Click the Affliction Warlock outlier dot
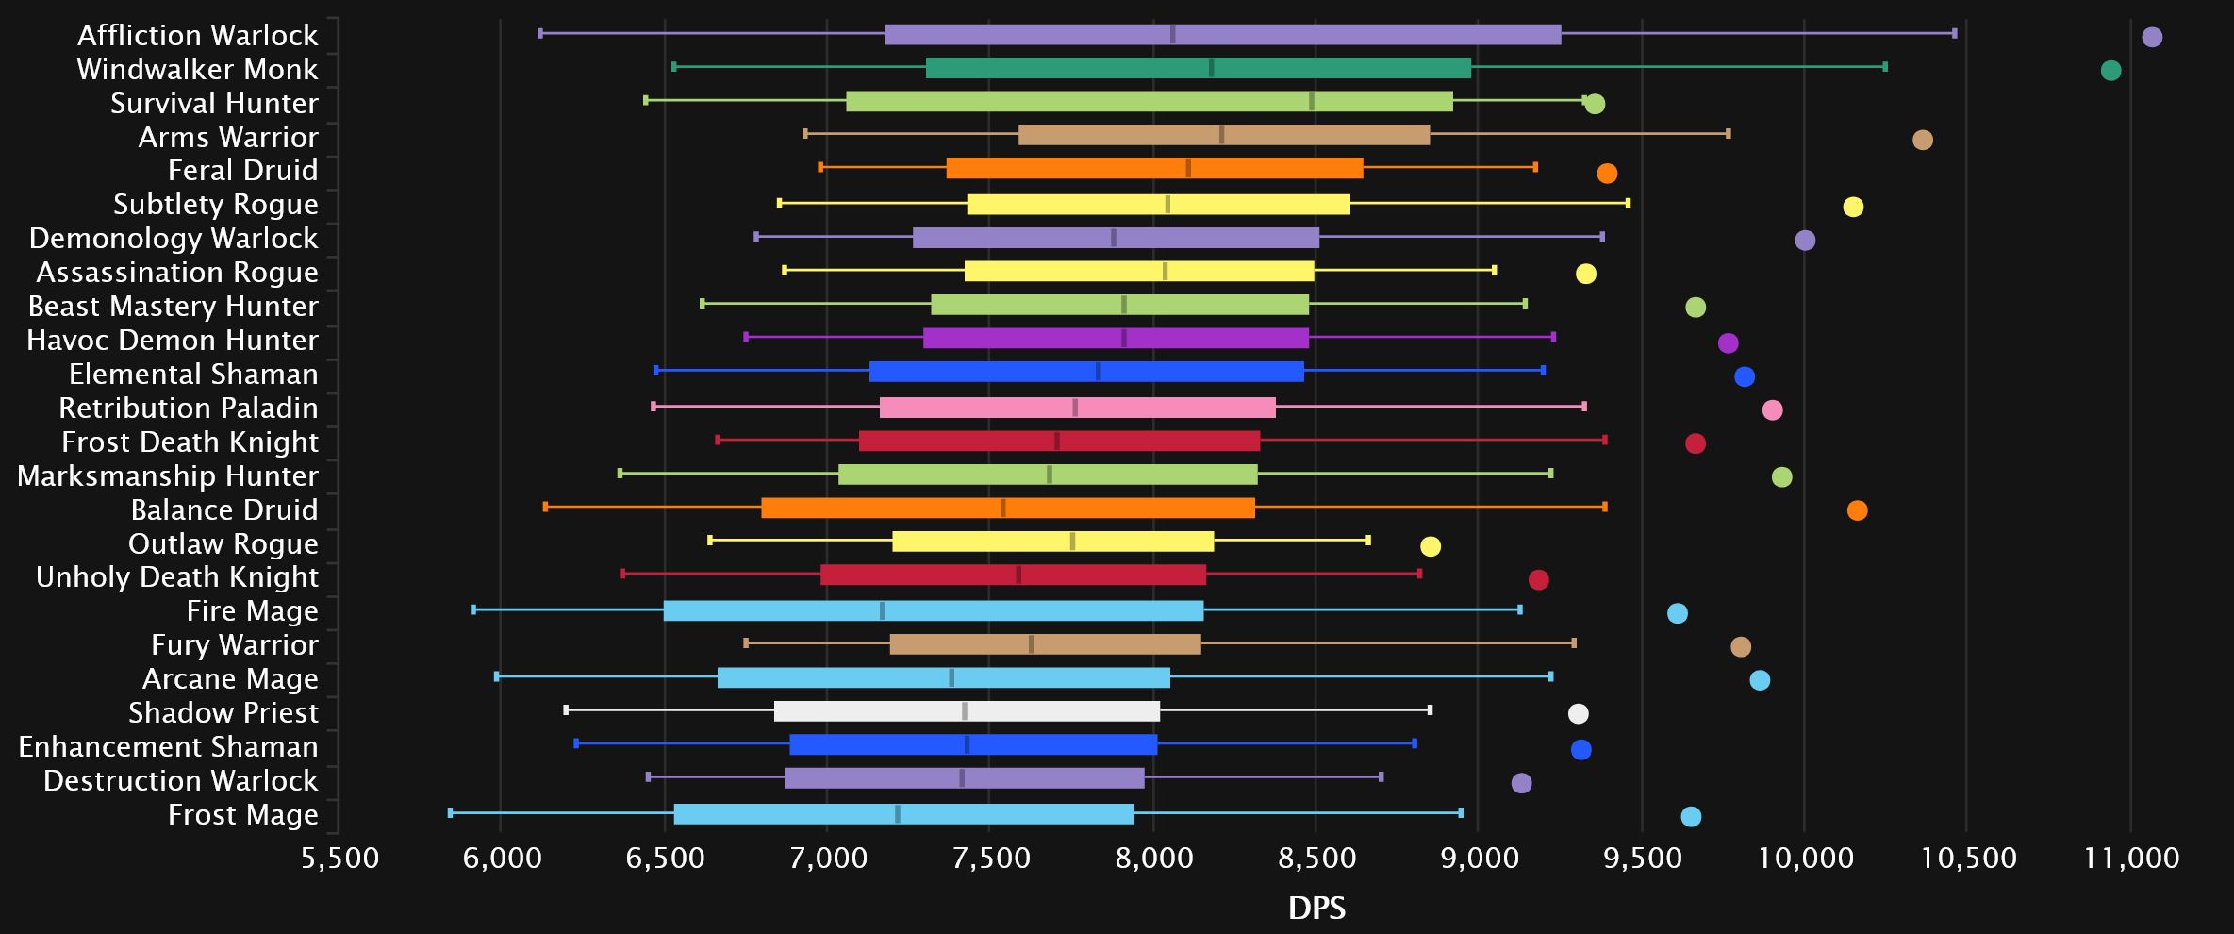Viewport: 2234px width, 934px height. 2151,37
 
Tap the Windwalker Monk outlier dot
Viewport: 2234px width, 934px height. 2110,71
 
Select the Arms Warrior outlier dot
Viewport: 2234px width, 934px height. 1922,140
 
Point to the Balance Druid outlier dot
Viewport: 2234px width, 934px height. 1857,510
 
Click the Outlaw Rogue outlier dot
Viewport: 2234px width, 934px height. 1430,546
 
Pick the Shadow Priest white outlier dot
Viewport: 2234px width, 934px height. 1578,713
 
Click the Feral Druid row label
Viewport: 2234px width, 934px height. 242,170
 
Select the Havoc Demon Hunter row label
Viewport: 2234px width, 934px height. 173,340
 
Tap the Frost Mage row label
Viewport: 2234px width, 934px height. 242,814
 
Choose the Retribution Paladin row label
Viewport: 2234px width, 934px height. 189,408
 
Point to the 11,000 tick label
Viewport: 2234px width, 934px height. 2131,858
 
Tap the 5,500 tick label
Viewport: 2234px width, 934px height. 339,858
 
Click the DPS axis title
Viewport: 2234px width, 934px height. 1316,908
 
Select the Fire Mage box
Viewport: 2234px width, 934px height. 934,610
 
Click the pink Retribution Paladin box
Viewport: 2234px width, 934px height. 1077,408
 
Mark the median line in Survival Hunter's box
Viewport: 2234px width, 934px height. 1311,101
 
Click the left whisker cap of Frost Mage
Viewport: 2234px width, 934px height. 450,812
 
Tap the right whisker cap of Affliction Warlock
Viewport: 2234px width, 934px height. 1954,33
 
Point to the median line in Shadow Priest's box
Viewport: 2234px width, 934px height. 964,711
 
